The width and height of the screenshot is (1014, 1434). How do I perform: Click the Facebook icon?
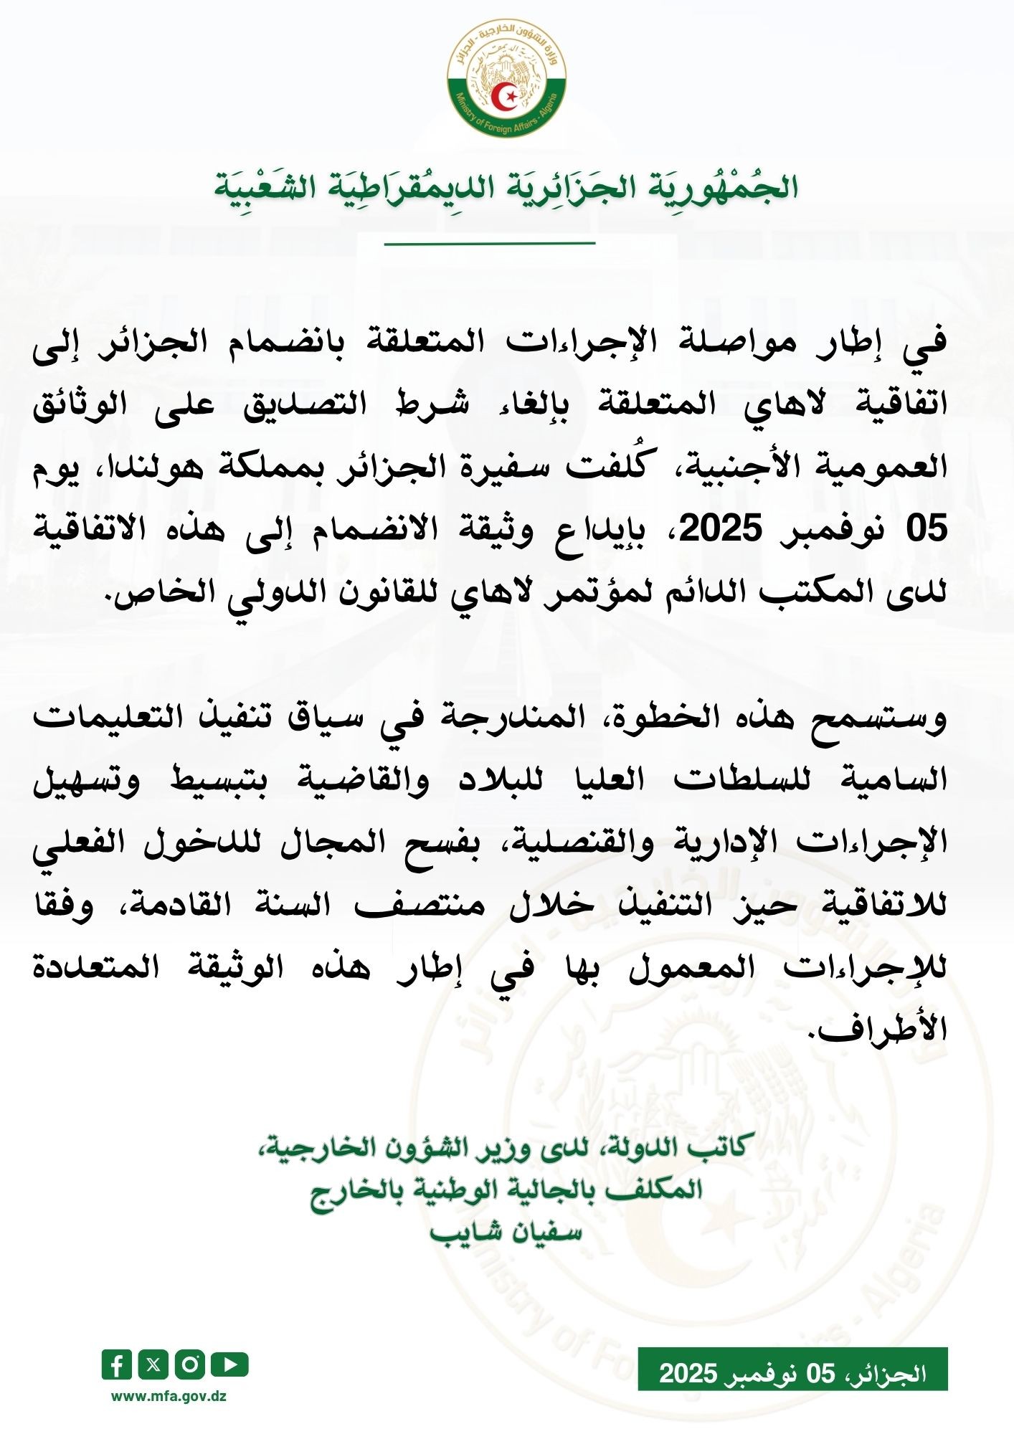click(x=117, y=1364)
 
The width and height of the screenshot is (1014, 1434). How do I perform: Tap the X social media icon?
click(x=153, y=1364)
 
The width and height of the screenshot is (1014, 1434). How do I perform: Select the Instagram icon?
click(x=190, y=1364)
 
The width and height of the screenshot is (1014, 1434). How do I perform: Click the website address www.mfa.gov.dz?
click(x=169, y=1396)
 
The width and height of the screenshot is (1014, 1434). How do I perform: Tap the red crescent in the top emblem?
click(x=507, y=95)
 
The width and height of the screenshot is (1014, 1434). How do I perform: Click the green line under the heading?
click(x=490, y=244)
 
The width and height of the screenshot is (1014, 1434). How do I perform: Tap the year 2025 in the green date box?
click(x=688, y=1373)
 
